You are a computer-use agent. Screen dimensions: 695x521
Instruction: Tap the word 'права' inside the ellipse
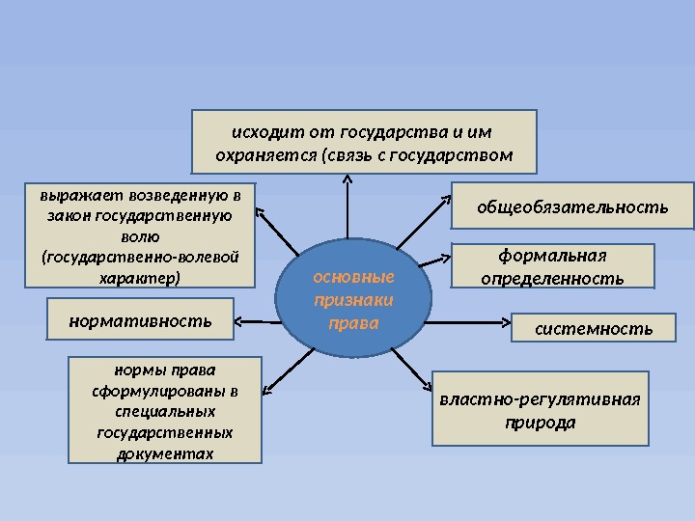(353, 322)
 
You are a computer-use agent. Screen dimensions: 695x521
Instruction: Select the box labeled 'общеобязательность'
(572, 206)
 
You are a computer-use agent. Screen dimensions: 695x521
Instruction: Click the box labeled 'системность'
(593, 328)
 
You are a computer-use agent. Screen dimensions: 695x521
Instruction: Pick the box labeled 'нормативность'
(141, 319)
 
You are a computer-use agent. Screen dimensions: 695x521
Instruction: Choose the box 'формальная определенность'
(552, 266)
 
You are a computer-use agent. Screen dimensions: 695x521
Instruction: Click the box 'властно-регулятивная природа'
(540, 409)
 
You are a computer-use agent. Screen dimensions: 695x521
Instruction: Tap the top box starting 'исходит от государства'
(363, 140)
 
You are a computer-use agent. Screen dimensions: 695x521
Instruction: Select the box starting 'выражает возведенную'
(140, 235)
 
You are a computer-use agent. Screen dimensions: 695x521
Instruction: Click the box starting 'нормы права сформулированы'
(165, 410)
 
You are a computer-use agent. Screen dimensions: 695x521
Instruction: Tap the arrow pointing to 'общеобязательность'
(423, 220)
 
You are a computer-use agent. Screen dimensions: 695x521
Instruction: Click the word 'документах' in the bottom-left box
(165, 452)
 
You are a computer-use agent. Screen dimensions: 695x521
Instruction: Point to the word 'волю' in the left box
(141, 236)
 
